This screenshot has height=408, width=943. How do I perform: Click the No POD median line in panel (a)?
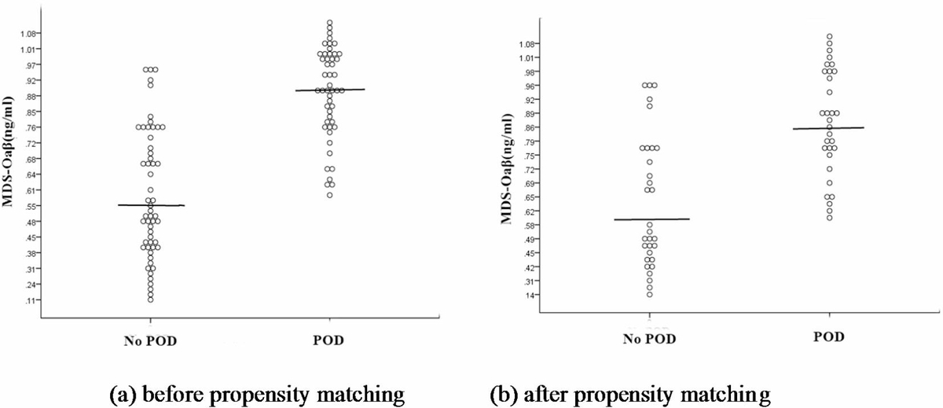151,205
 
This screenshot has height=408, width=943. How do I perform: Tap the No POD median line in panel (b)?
651,219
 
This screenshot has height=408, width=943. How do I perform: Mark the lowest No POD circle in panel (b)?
650,294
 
